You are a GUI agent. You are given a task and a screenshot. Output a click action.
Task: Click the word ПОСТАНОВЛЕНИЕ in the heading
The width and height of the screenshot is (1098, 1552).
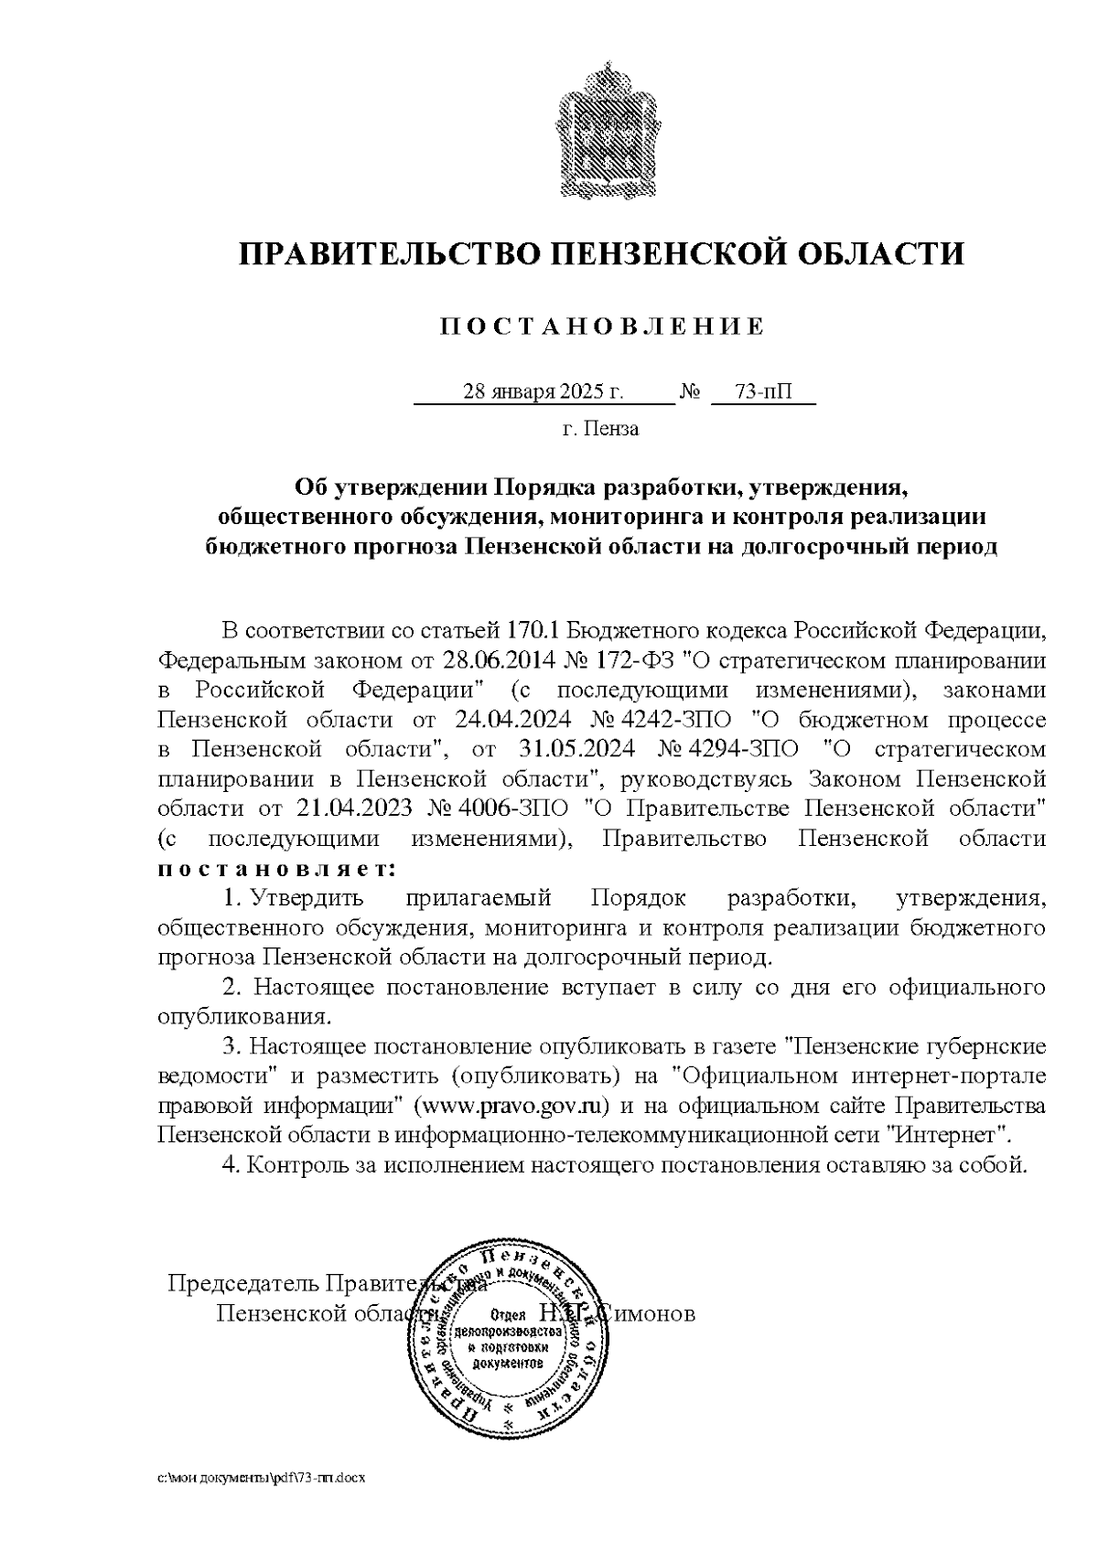[x=602, y=327]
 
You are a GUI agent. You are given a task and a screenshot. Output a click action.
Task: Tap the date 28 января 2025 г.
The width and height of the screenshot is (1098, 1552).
[x=544, y=392]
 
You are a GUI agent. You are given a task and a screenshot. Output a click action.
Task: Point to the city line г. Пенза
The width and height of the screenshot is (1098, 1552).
[x=601, y=429]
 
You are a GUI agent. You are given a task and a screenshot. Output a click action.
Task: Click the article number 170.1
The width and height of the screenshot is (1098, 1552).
[x=532, y=631]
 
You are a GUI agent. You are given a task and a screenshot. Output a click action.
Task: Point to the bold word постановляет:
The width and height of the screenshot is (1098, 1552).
[x=278, y=867]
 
